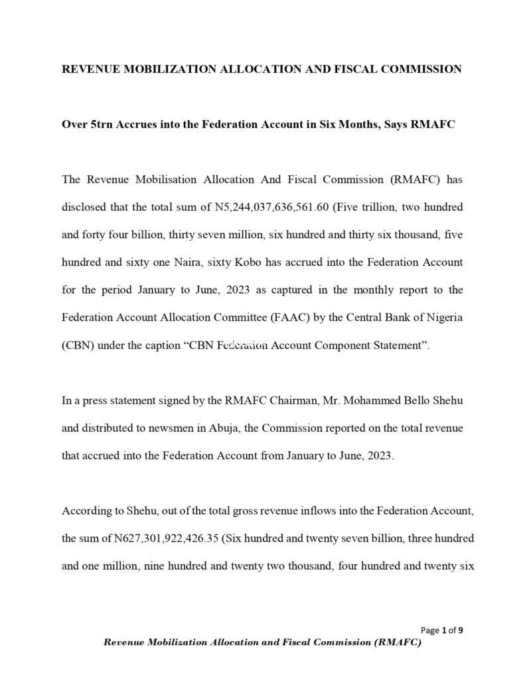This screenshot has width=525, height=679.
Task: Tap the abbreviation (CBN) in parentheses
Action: pyautogui.click(x=76, y=345)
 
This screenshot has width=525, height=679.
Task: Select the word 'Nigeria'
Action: pyautogui.click(x=443, y=317)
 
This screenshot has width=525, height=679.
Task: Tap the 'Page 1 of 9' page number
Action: pyautogui.click(x=442, y=630)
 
